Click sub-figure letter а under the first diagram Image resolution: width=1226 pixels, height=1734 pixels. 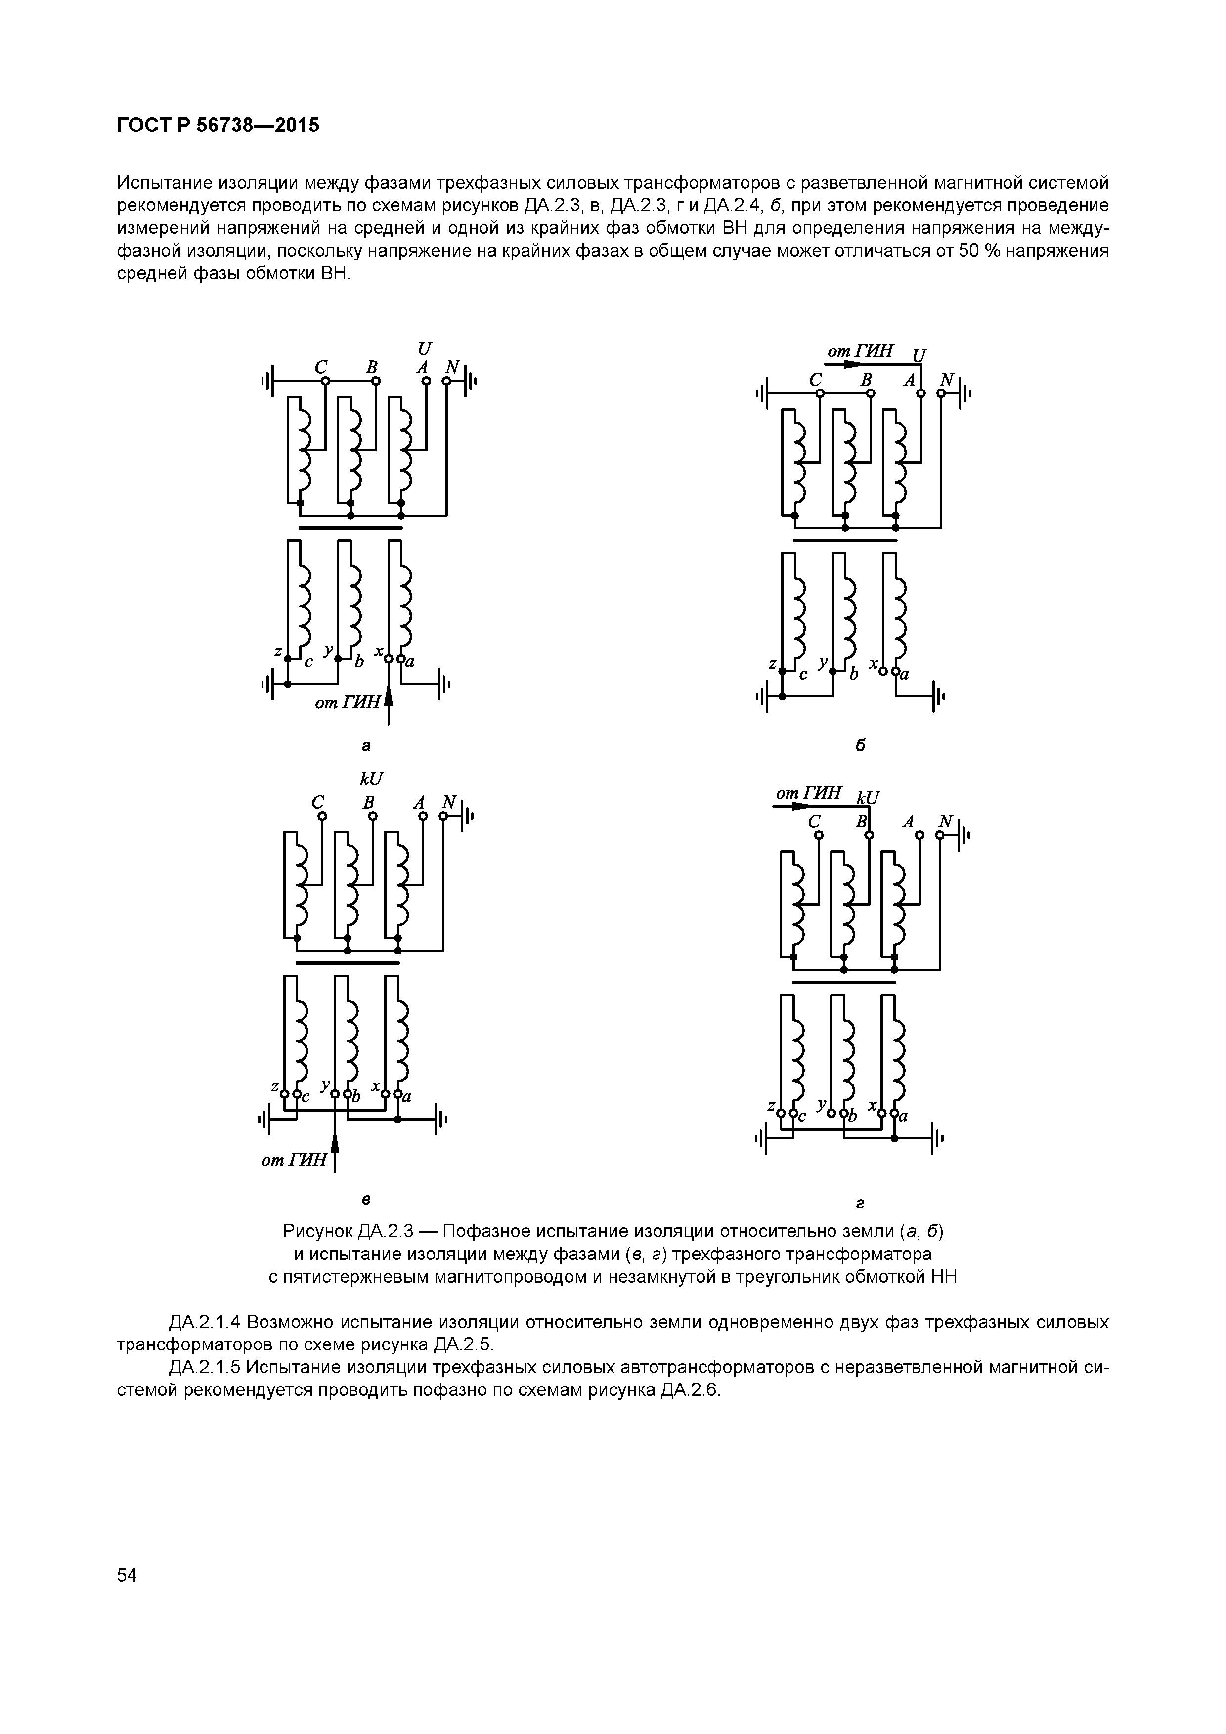[x=366, y=746]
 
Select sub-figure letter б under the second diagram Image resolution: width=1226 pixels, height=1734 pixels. [x=860, y=746]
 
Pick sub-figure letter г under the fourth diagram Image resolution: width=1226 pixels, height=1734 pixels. [x=860, y=1202]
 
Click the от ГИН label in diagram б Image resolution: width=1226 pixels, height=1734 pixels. [x=860, y=351]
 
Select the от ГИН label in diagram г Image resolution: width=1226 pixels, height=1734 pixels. [x=809, y=793]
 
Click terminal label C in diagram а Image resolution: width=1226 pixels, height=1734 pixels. [x=321, y=367]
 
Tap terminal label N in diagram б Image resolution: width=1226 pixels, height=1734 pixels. [x=946, y=379]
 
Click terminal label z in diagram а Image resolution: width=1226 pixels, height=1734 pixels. [x=278, y=651]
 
